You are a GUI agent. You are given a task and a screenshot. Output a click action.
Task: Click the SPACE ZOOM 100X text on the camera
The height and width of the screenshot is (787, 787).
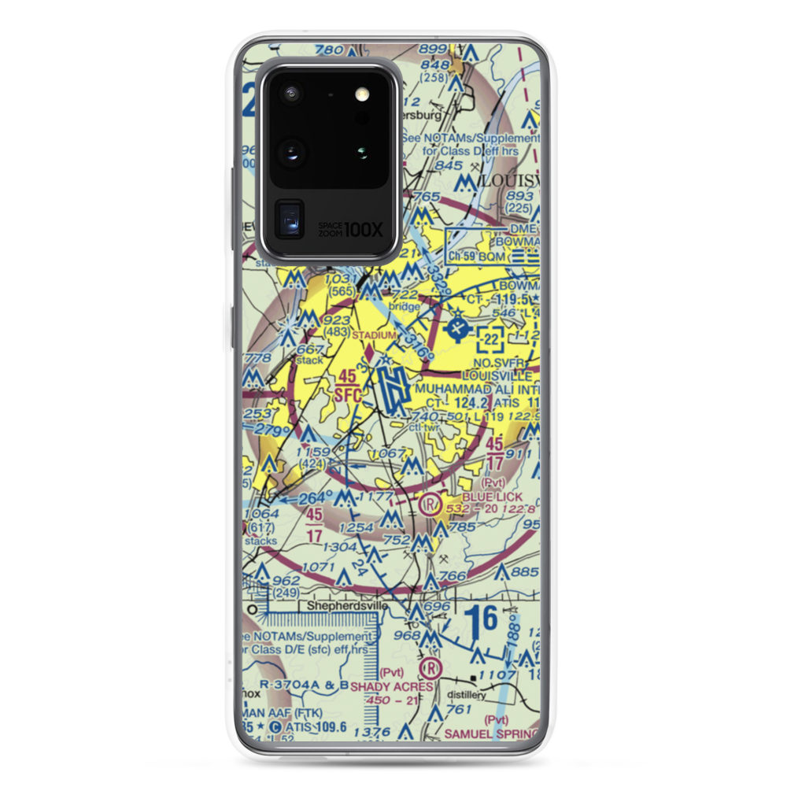tap(350, 229)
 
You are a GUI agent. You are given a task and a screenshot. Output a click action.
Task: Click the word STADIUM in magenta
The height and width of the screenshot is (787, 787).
tap(373, 335)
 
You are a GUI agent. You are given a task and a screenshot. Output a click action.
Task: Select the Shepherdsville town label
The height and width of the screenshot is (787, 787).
tap(342, 608)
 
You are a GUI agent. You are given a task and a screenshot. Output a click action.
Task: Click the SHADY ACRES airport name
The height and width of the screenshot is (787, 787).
tap(391, 687)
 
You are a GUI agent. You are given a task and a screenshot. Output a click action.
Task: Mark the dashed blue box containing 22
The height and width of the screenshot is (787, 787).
tap(492, 339)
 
